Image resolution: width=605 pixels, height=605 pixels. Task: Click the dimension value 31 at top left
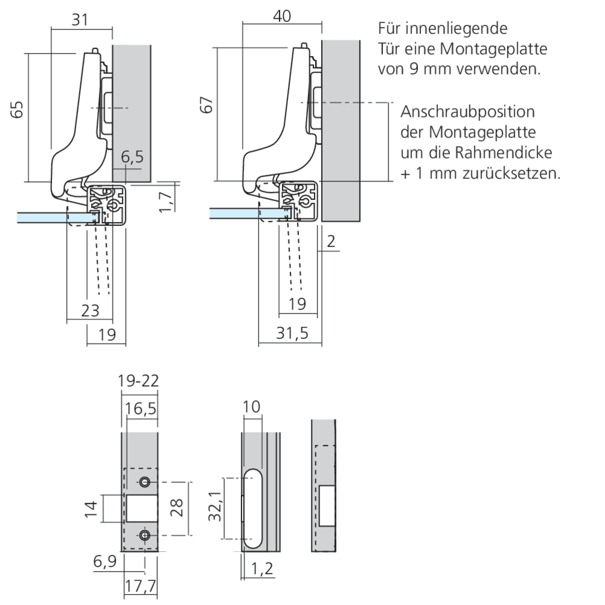pyautogui.click(x=80, y=20)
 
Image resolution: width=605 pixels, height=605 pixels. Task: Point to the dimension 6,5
pyautogui.click(x=132, y=158)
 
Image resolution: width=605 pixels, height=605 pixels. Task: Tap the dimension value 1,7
pyautogui.click(x=165, y=200)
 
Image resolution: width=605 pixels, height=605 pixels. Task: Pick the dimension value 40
pyautogui.click(x=281, y=16)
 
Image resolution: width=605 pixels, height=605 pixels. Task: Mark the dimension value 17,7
pyautogui.click(x=140, y=586)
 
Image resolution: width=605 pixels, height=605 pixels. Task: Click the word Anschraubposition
pyautogui.click(x=468, y=113)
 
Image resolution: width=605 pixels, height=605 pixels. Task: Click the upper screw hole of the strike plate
pyautogui.click(x=145, y=482)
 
